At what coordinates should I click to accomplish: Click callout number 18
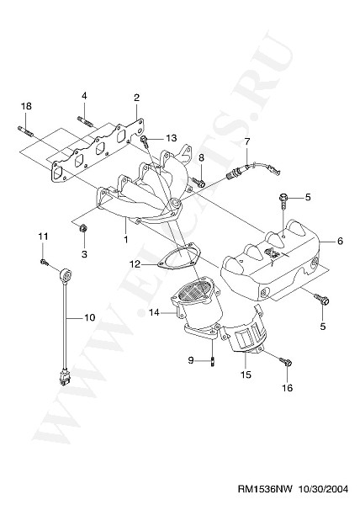click(x=26, y=106)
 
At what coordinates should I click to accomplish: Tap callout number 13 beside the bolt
click(x=172, y=138)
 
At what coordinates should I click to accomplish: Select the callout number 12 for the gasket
click(x=135, y=264)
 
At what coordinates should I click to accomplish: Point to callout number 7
click(x=247, y=141)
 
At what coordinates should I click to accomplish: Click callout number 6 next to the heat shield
click(x=340, y=241)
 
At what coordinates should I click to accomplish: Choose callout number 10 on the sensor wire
click(x=90, y=317)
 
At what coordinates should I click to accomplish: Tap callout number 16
click(x=288, y=388)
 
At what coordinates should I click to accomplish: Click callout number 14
click(x=155, y=311)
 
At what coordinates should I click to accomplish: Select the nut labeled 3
click(x=83, y=228)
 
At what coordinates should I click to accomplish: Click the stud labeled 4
click(x=85, y=121)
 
